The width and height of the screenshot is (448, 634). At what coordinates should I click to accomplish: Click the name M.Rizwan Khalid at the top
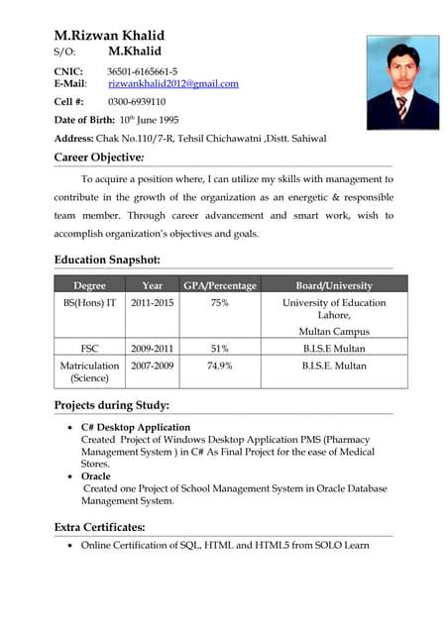tap(110, 34)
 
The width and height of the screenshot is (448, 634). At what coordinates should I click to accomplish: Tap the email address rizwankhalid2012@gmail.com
tap(173, 84)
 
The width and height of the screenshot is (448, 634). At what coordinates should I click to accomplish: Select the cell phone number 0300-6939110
tap(137, 102)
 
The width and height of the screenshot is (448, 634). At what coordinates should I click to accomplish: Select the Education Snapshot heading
tap(107, 261)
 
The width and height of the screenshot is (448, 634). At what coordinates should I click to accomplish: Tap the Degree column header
tap(89, 285)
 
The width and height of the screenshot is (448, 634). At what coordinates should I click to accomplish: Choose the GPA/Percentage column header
tap(220, 285)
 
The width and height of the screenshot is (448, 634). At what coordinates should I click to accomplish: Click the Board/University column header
tap(334, 285)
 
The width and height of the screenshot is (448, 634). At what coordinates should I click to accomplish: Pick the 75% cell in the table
tap(220, 303)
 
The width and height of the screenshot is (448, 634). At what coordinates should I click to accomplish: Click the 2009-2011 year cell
tap(152, 349)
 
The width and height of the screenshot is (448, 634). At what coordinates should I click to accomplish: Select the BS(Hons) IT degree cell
tap(89, 303)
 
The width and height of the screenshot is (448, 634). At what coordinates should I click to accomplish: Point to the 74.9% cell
tap(220, 366)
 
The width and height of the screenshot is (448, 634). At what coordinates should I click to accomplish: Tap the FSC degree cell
tap(89, 349)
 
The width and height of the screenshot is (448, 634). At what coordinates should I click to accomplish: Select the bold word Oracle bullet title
tap(96, 476)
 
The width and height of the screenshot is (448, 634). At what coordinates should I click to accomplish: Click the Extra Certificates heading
tap(99, 527)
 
